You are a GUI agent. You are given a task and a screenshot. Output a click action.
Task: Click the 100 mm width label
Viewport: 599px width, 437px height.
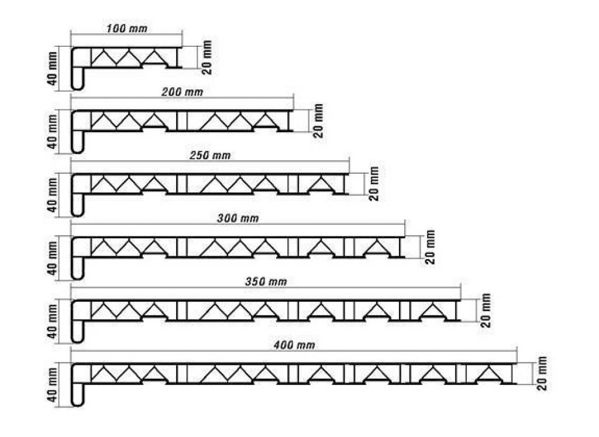coord(126,29)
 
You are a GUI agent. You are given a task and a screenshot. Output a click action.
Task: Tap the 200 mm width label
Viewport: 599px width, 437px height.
coord(183,92)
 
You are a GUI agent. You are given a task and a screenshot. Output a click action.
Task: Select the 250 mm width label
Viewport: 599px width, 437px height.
coord(210,156)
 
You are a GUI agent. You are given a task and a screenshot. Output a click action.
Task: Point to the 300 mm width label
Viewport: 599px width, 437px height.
coord(237,219)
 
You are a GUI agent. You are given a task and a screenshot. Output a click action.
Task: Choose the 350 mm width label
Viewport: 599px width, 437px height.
coord(266,282)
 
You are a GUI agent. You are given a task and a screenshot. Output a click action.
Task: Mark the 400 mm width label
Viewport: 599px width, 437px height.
coord(294,345)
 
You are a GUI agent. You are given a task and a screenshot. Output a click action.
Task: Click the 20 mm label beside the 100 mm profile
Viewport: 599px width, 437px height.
coord(206,57)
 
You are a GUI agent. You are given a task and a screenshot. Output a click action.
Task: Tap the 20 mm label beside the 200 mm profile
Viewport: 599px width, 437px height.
coord(318,121)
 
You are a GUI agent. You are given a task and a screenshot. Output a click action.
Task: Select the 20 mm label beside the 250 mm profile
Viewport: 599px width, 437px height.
coord(374,184)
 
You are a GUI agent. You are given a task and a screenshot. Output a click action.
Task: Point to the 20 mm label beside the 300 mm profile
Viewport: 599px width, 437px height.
coord(430,247)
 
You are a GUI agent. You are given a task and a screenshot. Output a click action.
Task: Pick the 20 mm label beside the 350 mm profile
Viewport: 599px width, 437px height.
coord(486,311)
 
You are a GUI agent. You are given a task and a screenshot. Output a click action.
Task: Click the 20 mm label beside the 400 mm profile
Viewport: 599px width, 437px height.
coord(542,374)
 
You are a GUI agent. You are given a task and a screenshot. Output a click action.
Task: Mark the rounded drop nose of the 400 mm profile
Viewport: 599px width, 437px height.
coord(78,395)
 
